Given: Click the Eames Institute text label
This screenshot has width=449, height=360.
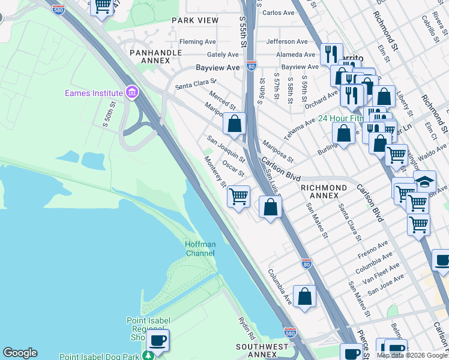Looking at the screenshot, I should point(93,92).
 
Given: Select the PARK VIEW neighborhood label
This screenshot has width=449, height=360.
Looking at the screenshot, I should point(195,20).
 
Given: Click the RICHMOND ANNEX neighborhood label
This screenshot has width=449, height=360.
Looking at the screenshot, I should point(324,192).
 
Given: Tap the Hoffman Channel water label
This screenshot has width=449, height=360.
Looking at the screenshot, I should point(200,249).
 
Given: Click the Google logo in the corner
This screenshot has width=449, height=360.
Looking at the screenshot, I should point(20,353).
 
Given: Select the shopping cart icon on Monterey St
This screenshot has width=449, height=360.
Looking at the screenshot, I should point(239,196).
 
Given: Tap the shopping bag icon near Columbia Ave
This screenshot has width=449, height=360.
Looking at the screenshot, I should point(305,296).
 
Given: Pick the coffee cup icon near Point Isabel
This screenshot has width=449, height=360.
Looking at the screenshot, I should point(158,341).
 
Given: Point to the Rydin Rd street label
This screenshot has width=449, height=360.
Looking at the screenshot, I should point(247,328).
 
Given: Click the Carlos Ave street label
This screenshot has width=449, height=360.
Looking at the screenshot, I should point(278,13).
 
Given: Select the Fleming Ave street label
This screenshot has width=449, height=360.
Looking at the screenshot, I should point(199,42).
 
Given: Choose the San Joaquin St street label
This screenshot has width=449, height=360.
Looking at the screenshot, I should point(226,149).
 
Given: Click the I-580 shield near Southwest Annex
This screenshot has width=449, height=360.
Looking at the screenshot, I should point(290,332).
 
